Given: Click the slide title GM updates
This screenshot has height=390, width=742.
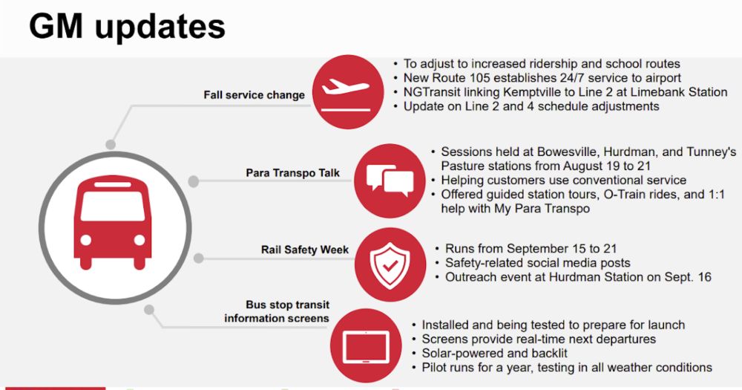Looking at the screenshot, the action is (127, 27).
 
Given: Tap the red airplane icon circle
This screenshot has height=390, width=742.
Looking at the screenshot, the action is (348, 91).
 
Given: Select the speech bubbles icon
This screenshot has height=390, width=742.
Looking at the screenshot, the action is (390, 181).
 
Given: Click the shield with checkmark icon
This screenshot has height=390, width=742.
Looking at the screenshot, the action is (390, 265).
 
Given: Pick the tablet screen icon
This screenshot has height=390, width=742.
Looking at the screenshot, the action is (366, 346).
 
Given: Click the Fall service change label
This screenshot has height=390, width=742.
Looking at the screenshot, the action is (254, 95).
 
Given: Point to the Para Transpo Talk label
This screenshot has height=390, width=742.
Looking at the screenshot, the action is (292, 173).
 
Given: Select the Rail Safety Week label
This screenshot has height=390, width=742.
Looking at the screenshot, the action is (305, 250).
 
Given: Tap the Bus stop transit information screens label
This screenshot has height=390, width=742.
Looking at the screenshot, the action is (277, 311).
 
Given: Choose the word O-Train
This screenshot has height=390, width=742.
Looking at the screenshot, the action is (625, 195).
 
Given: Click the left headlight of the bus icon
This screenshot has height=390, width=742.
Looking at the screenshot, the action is (85, 240).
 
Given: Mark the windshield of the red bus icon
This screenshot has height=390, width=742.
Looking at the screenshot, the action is (113, 206).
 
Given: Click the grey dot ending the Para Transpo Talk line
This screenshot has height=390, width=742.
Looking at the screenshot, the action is (193, 181).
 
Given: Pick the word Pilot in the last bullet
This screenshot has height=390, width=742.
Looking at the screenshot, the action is (433, 368).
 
